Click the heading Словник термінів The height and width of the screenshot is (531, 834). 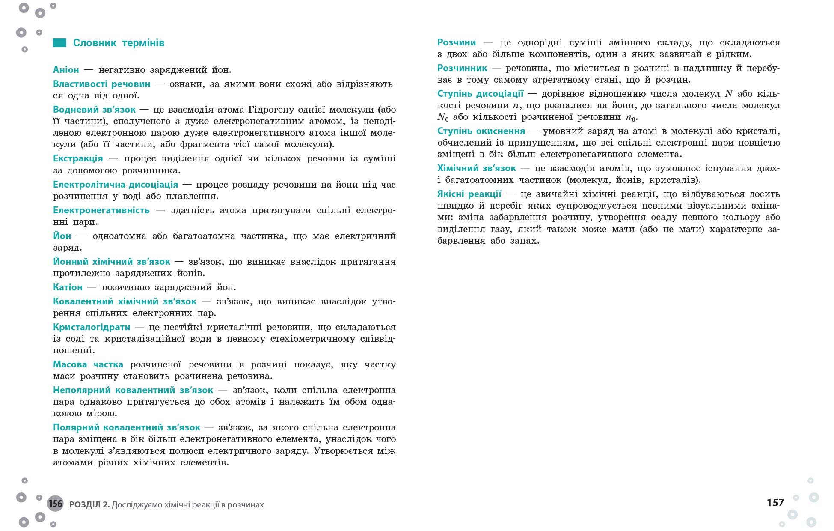tap(119, 43)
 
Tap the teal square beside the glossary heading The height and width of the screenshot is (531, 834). tap(59, 42)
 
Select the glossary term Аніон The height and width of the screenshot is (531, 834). tap(66, 70)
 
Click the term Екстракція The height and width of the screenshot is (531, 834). tap(78, 158)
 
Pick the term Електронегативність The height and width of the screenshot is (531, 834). tap(101, 210)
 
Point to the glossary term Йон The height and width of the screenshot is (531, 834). tap(62, 236)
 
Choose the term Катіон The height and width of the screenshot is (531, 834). tap(68, 287)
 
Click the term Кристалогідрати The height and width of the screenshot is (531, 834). tap(92, 327)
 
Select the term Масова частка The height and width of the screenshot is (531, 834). tap(88, 364)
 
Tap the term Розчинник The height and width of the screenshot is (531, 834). tap(462, 68)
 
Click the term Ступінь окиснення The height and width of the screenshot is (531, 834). tap(481, 131)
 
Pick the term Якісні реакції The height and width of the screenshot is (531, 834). tap(469, 194)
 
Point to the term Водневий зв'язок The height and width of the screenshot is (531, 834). tap(94, 110)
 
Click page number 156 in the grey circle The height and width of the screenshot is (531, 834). tap(55, 503)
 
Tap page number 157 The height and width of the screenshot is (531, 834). tap(775, 503)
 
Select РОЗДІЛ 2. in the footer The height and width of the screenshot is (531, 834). tap(89, 504)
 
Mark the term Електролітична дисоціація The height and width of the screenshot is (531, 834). tap(116, 185)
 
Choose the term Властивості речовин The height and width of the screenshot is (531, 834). tap(102, 84)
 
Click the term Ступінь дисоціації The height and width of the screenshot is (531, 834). tap(480, 94)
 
